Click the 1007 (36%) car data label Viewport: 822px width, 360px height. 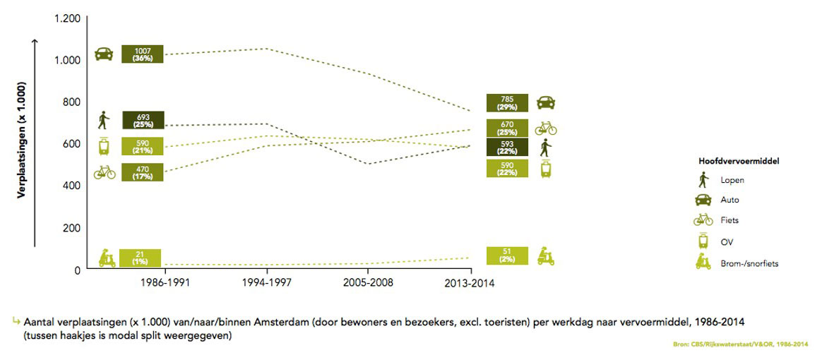(x=142, y=54)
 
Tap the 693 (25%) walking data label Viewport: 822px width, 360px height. (x=143, y=120)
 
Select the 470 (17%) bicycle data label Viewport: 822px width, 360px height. (x=143, y=172)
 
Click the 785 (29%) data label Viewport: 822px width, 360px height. (x=508, y=103)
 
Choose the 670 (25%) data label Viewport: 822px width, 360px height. (x=508, y=128)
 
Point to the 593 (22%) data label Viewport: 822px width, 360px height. (x=508, y=147)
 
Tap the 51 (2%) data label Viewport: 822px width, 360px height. (x=508, y=256)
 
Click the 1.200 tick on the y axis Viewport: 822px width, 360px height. (x=67, y=18)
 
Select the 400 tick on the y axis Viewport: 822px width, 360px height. (x=71, y=186)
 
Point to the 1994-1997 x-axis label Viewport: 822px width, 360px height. (x=267, y=283)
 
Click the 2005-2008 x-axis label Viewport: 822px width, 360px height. (x=368, y=283)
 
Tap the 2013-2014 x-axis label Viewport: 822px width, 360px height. (x=470, y=283)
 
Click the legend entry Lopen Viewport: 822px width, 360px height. (x=732, y=180)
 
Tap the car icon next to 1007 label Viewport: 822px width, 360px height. (x=103, y=54)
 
